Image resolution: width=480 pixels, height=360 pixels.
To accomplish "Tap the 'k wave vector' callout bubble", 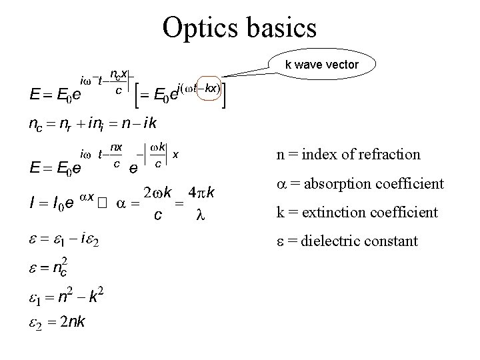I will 322,65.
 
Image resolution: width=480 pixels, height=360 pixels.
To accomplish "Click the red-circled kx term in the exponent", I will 211,89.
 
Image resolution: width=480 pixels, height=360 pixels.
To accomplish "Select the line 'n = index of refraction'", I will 349,155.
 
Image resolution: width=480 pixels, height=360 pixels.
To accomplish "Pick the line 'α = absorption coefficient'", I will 360,183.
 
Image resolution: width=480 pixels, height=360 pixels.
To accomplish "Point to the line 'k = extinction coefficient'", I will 357,213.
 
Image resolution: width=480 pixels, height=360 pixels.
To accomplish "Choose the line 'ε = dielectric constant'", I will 347,240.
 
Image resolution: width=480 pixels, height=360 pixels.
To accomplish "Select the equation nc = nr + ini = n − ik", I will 93,123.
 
